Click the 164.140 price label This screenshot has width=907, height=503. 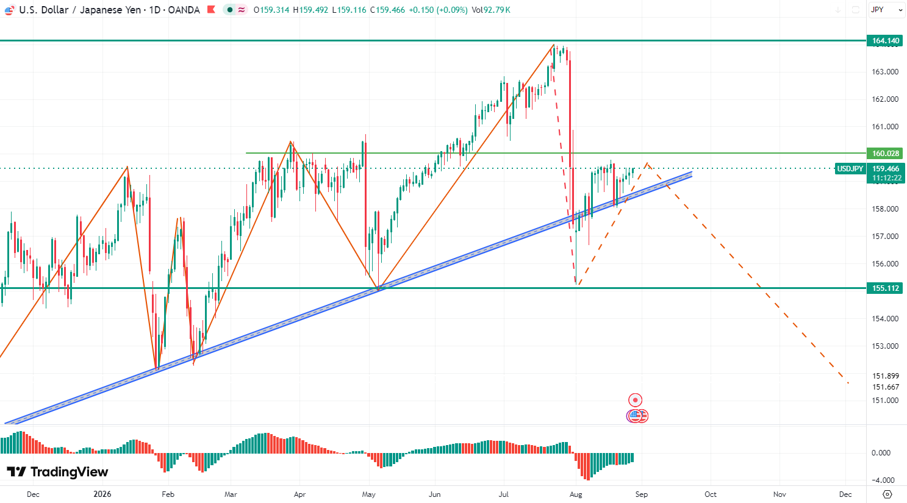(x=886, y=40)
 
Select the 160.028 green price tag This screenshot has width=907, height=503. (x=886, y=154)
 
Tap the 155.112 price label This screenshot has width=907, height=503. (x=886, y=288)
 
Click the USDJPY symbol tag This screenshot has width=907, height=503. (x=850, y=169)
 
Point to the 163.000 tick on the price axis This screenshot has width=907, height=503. (x=884, y=72)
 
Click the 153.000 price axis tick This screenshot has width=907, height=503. (x=884, y=346)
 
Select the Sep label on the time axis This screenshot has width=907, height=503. (x=642, y=494)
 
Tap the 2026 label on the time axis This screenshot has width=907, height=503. (x=102, y=494)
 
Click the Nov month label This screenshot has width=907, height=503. (x=780, y=494)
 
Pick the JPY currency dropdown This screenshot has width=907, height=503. (x=886, y=10)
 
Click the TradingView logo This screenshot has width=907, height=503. (x=57, y=472)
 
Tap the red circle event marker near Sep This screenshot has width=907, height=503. (x=635, y=400)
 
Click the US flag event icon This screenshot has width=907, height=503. (x=634, y=416)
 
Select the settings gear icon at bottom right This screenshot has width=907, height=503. (x=887, y=494)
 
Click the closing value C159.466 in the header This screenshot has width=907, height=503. (x=387, y=10)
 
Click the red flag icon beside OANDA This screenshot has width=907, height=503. (x=211, y=9)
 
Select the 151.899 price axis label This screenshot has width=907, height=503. (x=884, y=376)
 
